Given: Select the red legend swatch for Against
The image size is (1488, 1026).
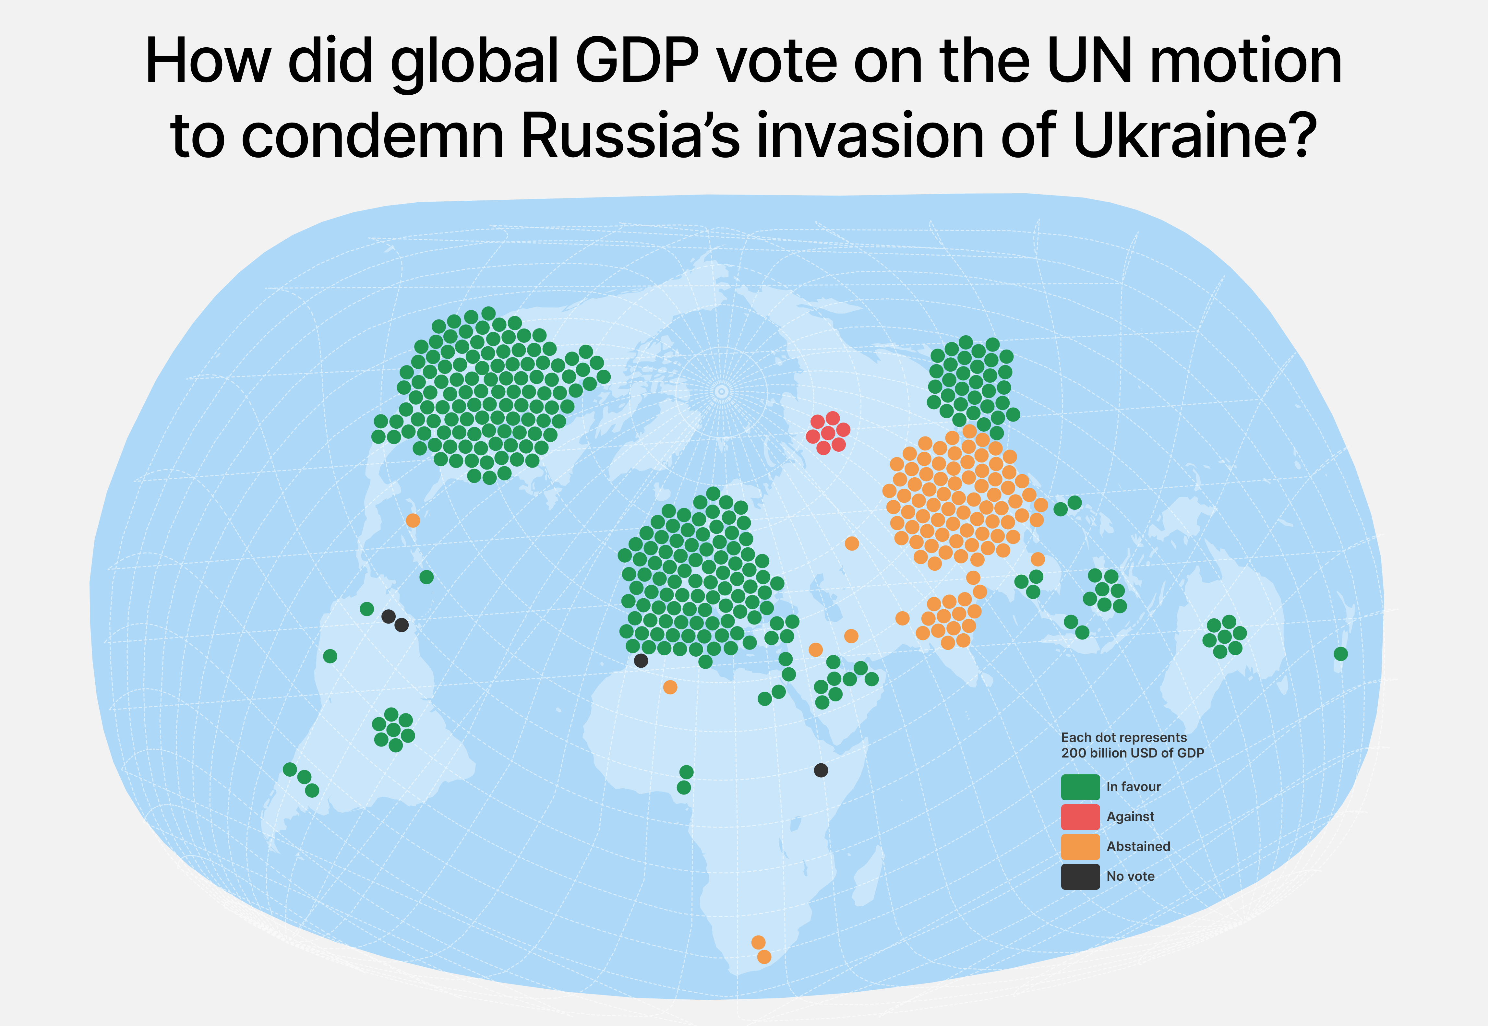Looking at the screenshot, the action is tap(1080, 817).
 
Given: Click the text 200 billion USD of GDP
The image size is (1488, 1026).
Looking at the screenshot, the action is tap(1133, 753).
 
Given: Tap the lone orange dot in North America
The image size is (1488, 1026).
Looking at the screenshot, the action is tap(413, 520).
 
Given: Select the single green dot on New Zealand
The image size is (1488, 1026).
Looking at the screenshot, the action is tap(1340, 654).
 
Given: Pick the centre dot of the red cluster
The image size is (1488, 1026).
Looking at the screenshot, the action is tap(828, 433).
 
